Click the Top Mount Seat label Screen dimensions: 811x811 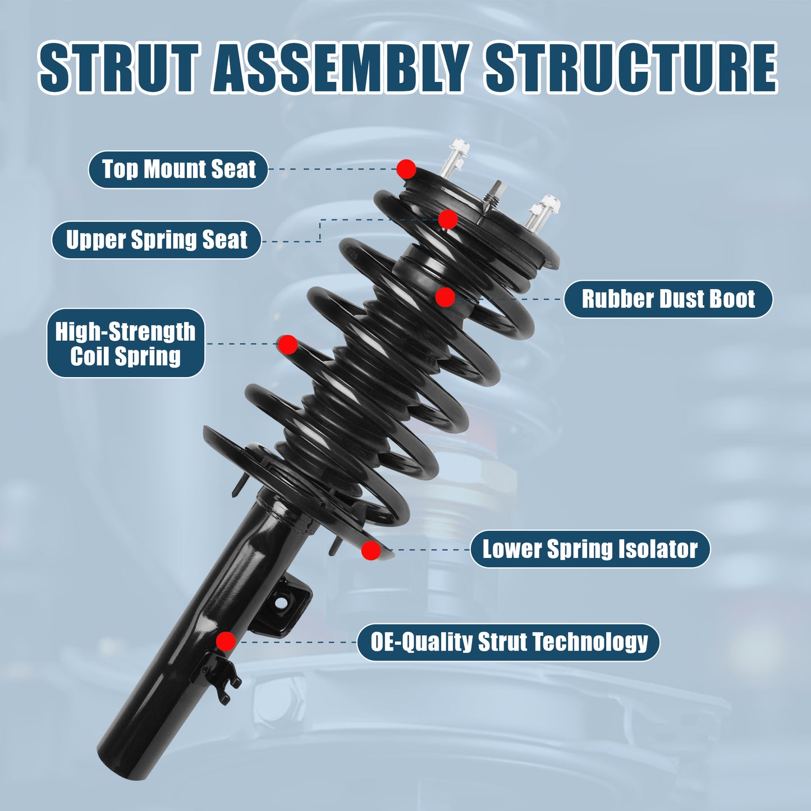coord(178,169)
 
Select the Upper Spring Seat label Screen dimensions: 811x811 coord(157,240)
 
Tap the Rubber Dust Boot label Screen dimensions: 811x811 coord(668,299)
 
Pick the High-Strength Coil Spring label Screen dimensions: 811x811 coord(125,343)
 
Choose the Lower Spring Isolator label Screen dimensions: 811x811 coord(590,549)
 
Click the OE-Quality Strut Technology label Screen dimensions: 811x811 coord(508,642)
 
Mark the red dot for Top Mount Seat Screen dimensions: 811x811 coord(406,168)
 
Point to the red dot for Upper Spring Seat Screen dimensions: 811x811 coord(447,219)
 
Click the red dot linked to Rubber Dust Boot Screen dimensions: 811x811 coord(445,297)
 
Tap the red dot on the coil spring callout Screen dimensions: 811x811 coord(287,345)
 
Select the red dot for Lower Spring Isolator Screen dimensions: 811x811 coord(370,551)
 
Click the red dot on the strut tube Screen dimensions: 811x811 coord(226,641)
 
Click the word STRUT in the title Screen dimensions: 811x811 coord(119,67)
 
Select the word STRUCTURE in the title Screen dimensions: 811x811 coord(631,67)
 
